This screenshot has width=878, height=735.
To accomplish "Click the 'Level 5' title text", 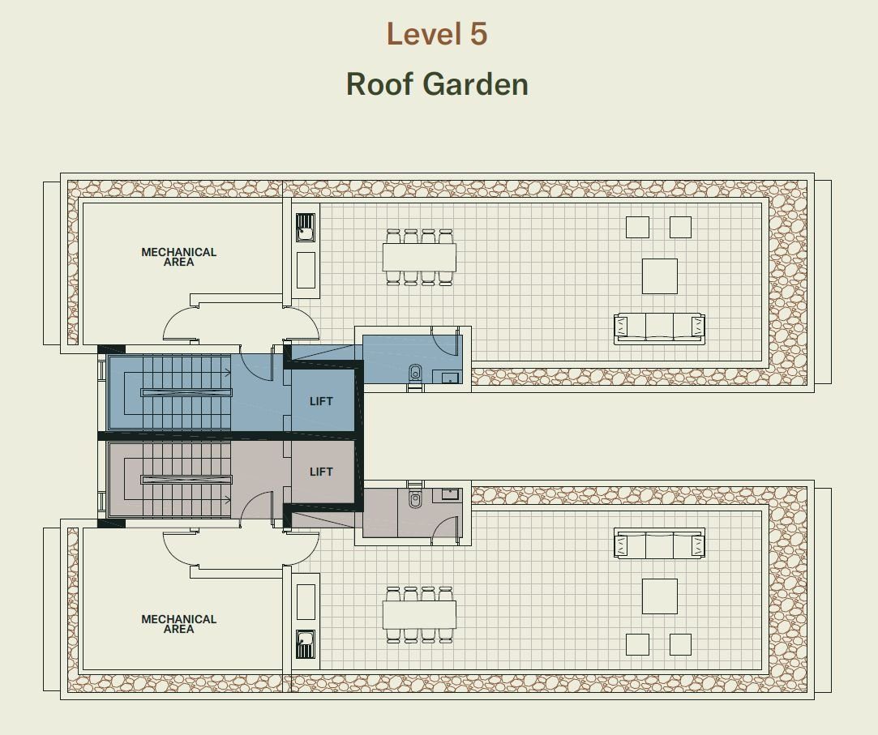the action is pyautogui.click(x=437, y=34).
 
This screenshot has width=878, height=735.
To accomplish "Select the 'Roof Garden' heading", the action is pyautogui.click(x=437, y=84).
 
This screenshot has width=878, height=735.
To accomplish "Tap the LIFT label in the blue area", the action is pyautogui.click(x=321, y=401).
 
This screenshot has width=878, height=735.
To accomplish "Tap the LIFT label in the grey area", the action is pyautogui.click(x=321, y=472).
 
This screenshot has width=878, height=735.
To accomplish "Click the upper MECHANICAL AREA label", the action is pyautogui.click(x=178, y=257).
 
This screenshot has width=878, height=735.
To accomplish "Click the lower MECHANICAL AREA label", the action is pyautogui.click(x=178, y=624).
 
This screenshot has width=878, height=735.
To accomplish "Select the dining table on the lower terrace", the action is pyautogui.click(x=419, y=614).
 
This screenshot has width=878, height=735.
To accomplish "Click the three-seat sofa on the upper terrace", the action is pyautogui.click(x=659, y=327).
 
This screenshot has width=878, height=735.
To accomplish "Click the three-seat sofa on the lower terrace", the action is pyautogui.click(x=659, y=544).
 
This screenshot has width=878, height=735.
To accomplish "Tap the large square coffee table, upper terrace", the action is pyautogui.click(x=660, y=276).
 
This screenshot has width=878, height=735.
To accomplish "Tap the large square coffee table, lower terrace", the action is pyautogui.click(x=660, y=596).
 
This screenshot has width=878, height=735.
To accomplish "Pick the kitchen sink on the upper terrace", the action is pyautogui.click(x=305, y=228).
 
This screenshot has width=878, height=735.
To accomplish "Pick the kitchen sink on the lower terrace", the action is pyautogui.click(x=305, y=644).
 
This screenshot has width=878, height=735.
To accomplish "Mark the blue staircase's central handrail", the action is pyautogui.click(x=186, y=392).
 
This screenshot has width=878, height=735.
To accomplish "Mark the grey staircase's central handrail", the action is pyautogui.click(x=186, y=480).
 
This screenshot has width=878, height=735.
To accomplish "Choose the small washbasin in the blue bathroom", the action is pyautogui.click(x=450, y=378).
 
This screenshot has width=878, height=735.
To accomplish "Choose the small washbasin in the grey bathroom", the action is pyautogui.click(x=450, y=494).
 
